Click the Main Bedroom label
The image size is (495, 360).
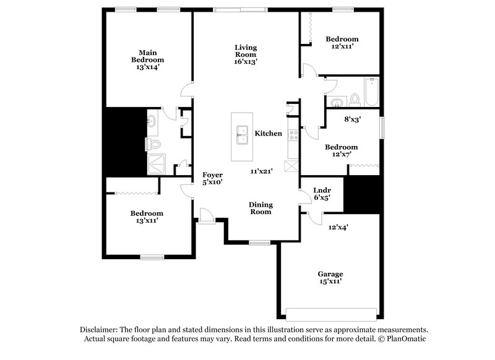tap(147, 59)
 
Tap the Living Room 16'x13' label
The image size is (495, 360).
tap(245, 54)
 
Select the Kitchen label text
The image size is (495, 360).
tap(269, 134)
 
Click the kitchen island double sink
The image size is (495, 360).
tap(242, 135)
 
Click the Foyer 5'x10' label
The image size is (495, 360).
tap(212, 178)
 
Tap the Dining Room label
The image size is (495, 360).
tap(261, 208)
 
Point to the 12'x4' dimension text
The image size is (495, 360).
tap(338, 228)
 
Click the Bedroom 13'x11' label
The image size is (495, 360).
tap(147, 216)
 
